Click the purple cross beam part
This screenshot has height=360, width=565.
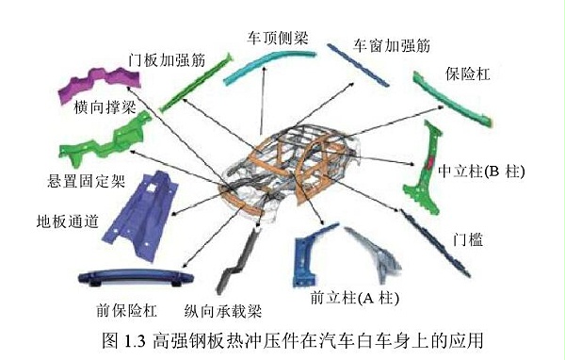click(99, 79)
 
